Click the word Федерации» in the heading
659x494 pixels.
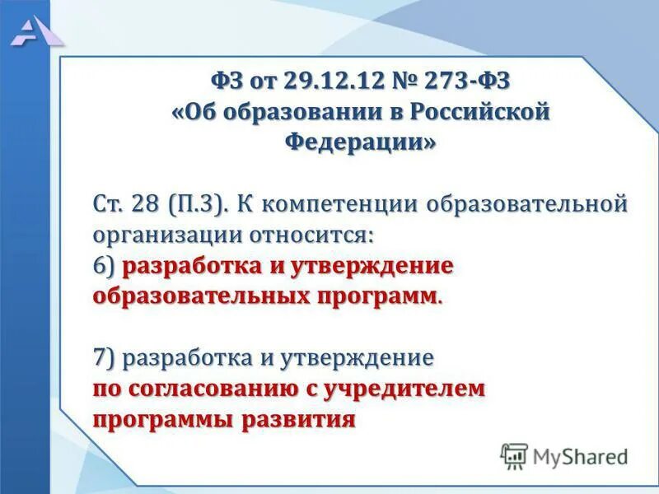360,142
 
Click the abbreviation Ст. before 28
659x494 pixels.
110,203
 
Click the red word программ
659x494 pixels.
381,296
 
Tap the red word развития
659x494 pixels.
298,419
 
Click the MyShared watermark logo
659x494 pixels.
564,455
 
